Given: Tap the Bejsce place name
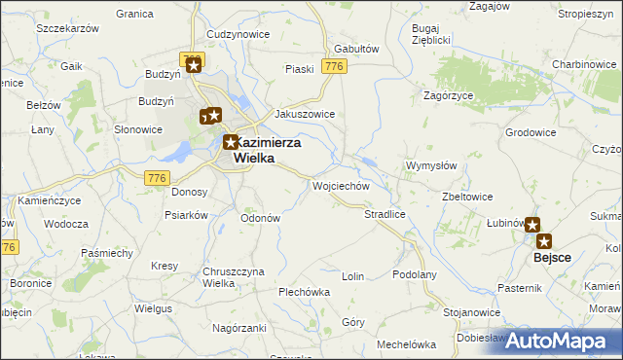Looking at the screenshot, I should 551,260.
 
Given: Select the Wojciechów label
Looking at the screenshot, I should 340,185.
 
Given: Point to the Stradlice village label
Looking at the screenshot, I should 384,213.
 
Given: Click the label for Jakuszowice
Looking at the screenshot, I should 305,114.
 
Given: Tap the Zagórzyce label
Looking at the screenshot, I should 449,95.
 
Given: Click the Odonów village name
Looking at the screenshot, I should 260,218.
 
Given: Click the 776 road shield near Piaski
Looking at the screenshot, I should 335,66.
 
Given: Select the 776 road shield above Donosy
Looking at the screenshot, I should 156,177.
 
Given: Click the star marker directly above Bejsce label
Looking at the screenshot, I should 543,240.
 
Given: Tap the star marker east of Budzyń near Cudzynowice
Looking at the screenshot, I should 194,66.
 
